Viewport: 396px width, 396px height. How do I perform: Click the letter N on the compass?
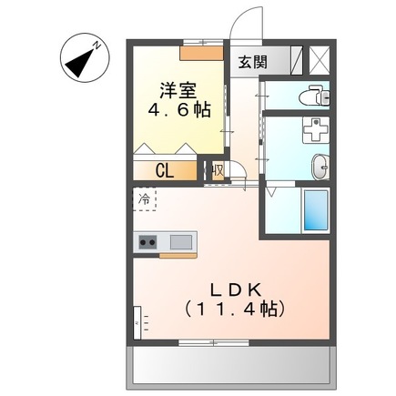coord(96,46)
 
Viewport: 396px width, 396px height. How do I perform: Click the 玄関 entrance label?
coord(252,62)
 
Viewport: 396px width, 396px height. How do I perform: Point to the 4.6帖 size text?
coord(179,110)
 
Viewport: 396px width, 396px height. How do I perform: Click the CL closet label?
coord(165,171)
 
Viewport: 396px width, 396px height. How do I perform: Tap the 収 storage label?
coord(218,170)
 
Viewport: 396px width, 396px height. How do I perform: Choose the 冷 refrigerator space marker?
coord(144,198)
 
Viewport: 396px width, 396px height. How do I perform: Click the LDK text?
coord(236,290)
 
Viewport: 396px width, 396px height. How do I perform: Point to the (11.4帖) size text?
coord(235,309)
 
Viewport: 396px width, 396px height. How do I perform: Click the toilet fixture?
coord(314,96)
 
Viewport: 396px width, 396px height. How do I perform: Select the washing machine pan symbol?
coord(316,130)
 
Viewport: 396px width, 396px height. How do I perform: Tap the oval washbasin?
coord(320,168)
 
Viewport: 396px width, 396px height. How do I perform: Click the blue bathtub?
coord(316,210)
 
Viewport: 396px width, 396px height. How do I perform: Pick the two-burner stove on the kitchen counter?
coord(147,242)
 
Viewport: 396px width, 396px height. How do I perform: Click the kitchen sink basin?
coord(181,242)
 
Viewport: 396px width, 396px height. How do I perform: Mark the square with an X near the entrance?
coord(320,60)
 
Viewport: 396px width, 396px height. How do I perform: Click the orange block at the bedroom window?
coord(201,53)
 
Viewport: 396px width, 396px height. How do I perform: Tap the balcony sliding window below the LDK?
coord(214,343)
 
